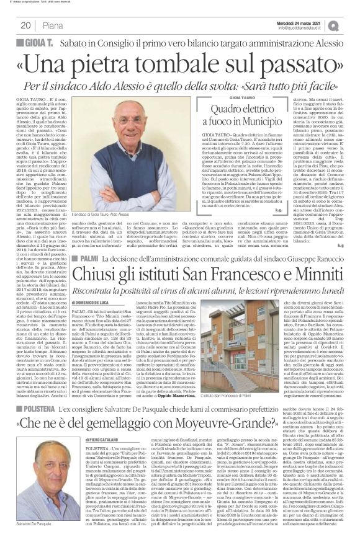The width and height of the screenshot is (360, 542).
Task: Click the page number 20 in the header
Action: click(26, 25)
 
